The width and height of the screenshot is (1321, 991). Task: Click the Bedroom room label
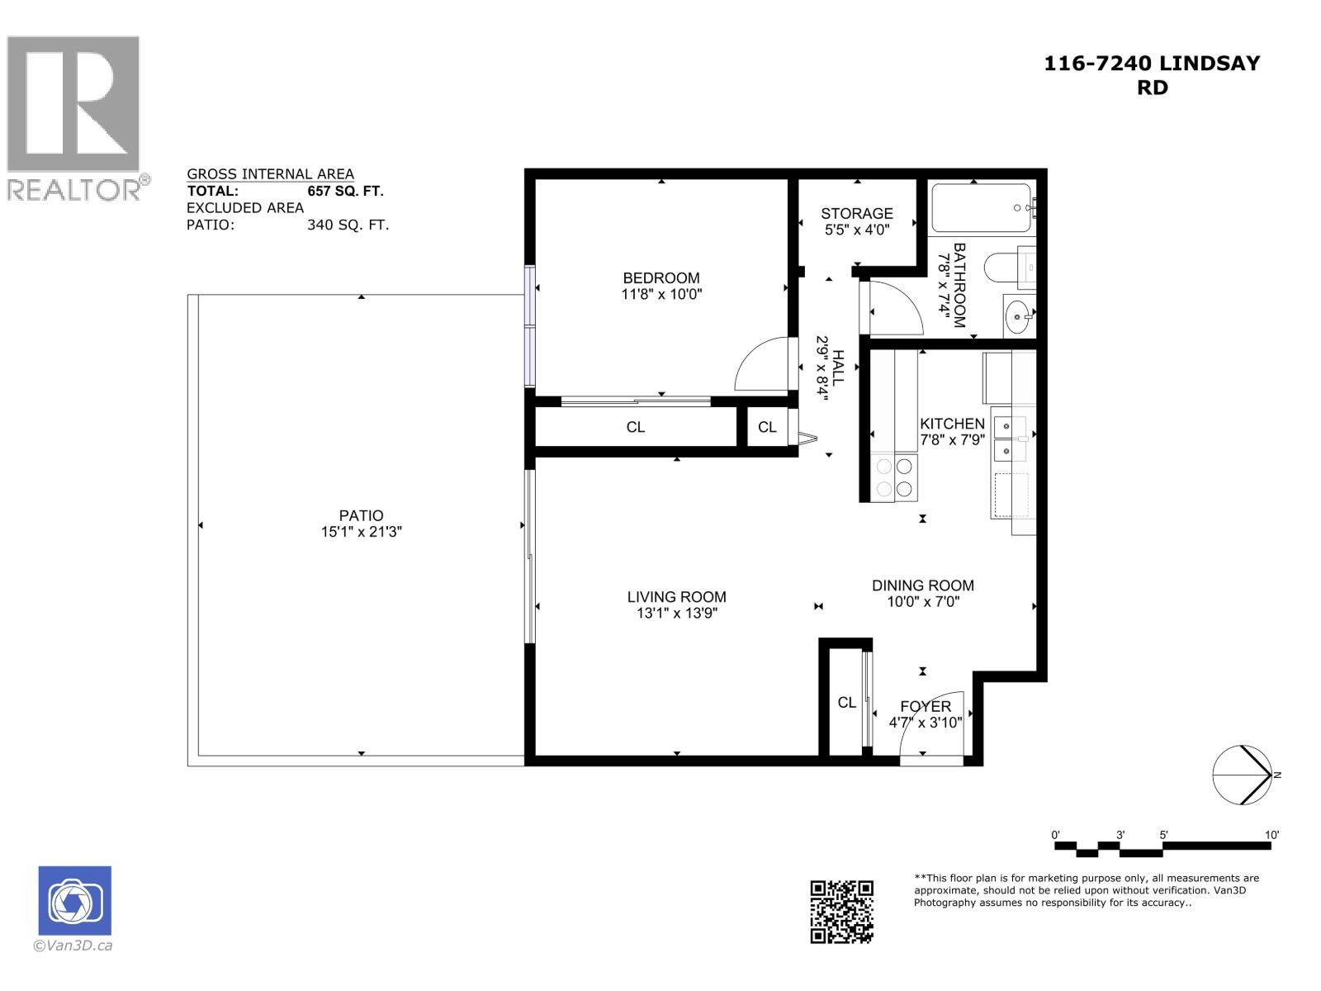[661, 278]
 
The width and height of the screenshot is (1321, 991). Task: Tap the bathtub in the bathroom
[981, 208]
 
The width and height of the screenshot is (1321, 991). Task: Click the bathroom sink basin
[1018, 315]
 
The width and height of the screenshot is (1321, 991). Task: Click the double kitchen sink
[1009, 439]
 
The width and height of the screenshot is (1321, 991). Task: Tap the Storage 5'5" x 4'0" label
[857, 221]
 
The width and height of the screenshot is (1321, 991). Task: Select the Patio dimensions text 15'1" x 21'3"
[361, 533]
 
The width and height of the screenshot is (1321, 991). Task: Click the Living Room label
[676, 597]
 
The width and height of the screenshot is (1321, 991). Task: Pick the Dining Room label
[922, 586]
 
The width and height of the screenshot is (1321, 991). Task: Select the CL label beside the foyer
[846, 703]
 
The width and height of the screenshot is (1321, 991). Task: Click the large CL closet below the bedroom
[635, 427]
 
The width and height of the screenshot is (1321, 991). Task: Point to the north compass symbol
[1242, 775]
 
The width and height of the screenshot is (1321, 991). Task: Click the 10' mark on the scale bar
[1271, 835]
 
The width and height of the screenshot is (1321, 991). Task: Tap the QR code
[841, 911]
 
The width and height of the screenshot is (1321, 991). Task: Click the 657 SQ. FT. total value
[345, 191]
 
